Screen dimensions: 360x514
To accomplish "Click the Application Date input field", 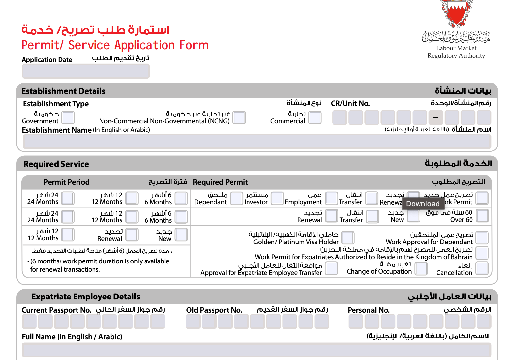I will pos(86,71).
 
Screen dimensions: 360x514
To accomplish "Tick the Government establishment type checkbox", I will pos(68,117).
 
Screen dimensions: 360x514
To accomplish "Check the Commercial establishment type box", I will pos(315,117).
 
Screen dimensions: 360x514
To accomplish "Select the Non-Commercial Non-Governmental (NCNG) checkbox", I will pos(239,117).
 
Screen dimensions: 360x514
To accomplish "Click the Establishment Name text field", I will pos(257,141).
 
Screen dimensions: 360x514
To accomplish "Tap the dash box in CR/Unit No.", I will pos(436,117).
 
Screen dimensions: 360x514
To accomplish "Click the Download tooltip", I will pos(423,204).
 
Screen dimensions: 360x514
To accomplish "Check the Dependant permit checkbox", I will pos(236,198).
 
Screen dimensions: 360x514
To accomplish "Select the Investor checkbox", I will pos(277,198).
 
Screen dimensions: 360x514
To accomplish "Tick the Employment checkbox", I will pos(331,198).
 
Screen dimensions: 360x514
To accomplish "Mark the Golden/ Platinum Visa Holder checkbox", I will pos(348,238).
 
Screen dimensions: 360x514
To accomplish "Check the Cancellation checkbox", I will pos(482,268).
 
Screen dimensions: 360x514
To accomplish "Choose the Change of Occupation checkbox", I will pos(421,268).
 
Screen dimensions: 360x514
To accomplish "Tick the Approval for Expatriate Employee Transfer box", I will pos(331,268).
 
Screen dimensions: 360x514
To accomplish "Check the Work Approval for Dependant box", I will pos(482,238).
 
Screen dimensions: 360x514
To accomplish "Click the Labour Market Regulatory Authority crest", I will pos(456,15).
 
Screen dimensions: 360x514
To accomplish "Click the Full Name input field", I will pos(257,350).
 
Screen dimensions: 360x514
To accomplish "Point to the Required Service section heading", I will pos(56,164).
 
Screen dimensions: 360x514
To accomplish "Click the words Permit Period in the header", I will pos(67,182).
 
